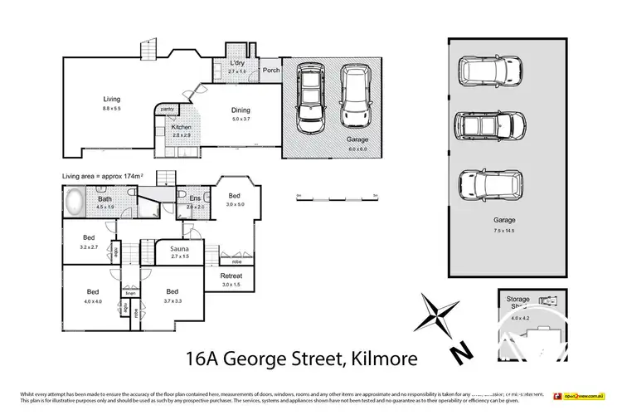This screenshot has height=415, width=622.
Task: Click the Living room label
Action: click(x=112, y=99)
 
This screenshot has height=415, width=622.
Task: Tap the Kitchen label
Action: click(x=182, y=127)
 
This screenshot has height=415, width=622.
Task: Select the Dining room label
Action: click(x=241, y=110)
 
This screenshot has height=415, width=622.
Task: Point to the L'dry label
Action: click(x=237, y=63)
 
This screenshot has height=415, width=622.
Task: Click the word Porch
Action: click(x=271, y=70)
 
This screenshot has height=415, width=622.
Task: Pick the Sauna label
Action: click(x=179, y=249)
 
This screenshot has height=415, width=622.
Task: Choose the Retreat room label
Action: click(x=231, y=276)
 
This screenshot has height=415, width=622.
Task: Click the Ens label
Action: click(x=196, y=199)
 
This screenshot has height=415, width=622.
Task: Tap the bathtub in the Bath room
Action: click(x=75, y=201)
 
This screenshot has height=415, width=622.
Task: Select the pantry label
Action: click(x=166, y=109)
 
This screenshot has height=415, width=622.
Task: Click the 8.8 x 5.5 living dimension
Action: click(x=112, y=108)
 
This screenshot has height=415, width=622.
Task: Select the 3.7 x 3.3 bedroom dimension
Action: click(x=173, y=300)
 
